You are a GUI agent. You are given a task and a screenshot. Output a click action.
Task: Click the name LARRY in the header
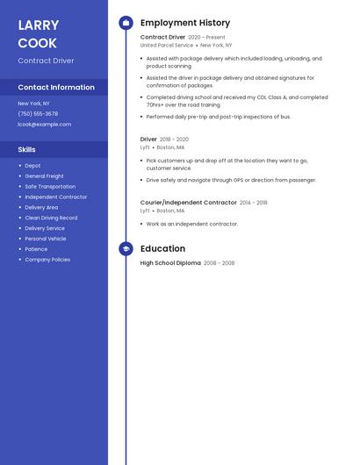point(39,25)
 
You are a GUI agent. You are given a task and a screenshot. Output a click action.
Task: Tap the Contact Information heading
point(56,87)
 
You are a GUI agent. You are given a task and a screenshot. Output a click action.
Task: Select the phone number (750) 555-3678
point(38,113)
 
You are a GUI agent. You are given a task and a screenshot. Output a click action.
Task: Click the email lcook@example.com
point(45,124)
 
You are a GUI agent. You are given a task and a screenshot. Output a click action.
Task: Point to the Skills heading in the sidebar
point(26,149)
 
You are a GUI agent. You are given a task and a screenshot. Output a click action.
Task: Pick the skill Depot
point(32,166)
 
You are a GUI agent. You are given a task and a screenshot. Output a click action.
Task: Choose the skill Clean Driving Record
point(51,218)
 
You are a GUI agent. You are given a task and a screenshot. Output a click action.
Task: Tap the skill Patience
point(36,249)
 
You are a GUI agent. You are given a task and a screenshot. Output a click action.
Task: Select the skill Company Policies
point(47,260)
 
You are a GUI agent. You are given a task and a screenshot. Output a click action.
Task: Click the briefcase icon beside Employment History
point(126,23)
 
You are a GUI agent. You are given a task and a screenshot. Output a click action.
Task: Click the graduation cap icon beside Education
point(126,248)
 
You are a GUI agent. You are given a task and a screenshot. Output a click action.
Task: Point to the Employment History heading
point(185,23)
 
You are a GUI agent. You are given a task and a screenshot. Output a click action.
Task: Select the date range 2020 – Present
point(207,38)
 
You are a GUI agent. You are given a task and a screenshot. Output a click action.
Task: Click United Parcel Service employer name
point(167,45)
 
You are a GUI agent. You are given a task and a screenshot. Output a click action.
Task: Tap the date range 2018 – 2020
point(174,139)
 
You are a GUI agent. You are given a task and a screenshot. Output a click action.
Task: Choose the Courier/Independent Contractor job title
point(188,203)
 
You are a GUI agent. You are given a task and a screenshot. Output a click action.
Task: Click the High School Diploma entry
point(170,263)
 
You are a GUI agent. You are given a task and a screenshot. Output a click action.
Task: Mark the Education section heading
point(162,248)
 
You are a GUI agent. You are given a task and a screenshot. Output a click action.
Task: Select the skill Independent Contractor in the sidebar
point(55,197)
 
